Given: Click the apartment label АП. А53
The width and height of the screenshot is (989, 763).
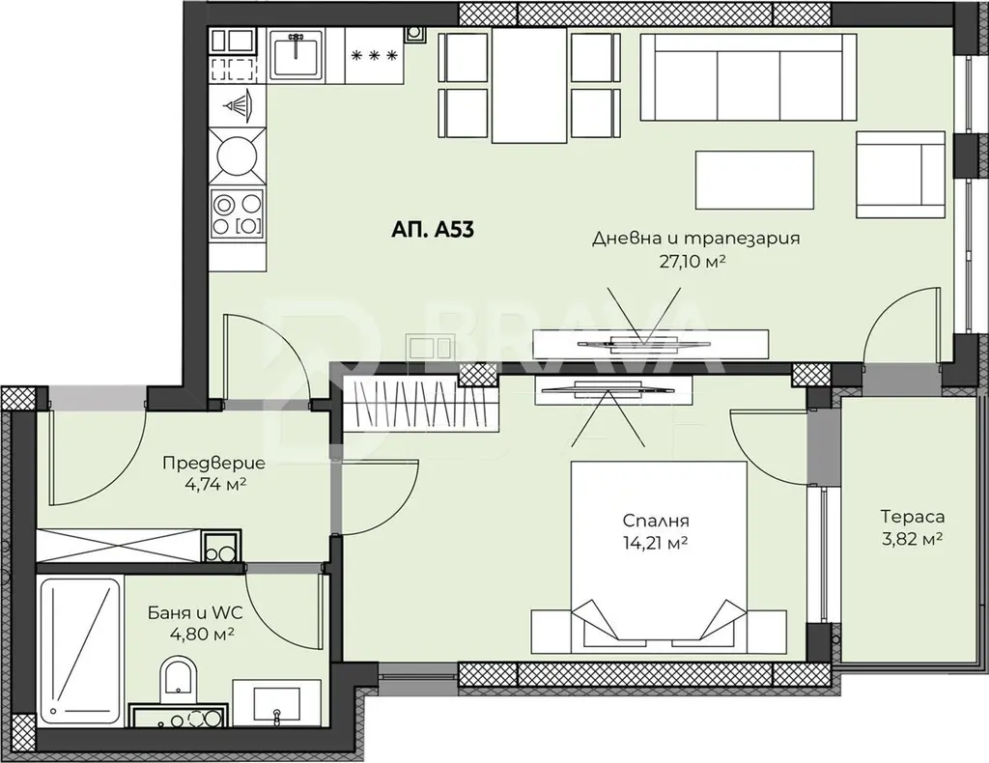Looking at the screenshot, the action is [433, 230].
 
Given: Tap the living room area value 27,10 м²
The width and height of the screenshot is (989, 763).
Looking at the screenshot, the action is [690, 262].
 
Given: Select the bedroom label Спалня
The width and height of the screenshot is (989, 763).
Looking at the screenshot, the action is [656, 521].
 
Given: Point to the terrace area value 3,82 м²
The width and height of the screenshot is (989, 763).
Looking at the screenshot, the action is [913, 539].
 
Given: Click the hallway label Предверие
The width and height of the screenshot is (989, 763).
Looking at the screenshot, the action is [213, 464].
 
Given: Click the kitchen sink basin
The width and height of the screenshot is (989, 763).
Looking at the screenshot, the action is [297, 54].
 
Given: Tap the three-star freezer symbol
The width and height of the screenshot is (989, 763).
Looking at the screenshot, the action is [375, 55].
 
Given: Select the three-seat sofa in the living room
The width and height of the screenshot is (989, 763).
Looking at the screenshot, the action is [749, 76].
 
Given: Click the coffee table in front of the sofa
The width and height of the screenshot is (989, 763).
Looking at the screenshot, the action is [754, 179].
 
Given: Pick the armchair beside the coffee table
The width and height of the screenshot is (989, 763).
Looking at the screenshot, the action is [900, 175].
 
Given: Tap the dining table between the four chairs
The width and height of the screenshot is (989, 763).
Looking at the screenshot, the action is [530, 87].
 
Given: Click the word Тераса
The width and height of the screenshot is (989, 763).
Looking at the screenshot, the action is [913, 517].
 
